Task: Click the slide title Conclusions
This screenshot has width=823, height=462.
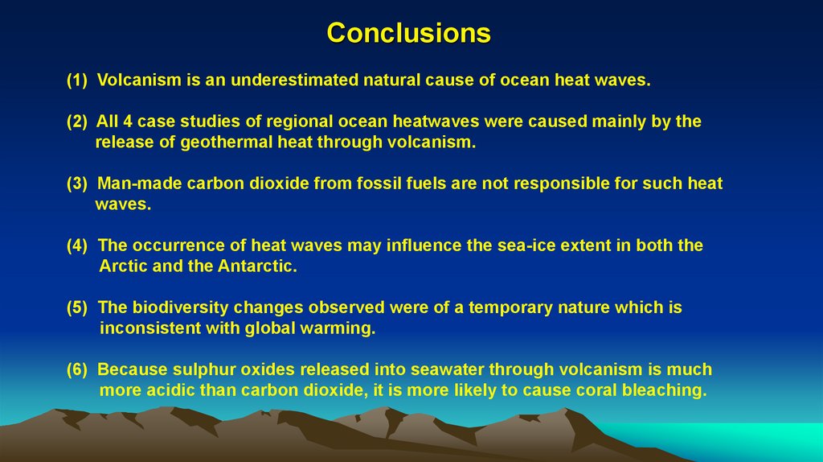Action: tap(408, 33)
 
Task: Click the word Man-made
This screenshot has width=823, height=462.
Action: tap(139, 184)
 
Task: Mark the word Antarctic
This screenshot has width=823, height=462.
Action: tap(256, 266)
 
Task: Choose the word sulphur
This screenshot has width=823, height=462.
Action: tap(203, 369)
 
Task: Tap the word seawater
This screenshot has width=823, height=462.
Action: tap(446, 369)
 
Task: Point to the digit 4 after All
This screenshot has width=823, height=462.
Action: tap(127, 122)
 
